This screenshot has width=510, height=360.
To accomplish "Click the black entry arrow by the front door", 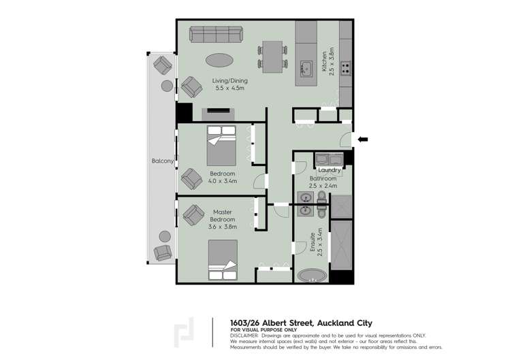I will click(363, 140).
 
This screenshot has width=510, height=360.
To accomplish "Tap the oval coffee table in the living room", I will click(219, 60).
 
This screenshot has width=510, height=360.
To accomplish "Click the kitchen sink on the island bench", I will click(306, 67).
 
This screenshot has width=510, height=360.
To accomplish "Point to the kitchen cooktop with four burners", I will click(345, 67).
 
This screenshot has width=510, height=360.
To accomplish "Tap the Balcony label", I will click(163, 161).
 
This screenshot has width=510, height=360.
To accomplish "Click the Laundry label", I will click(329, 170).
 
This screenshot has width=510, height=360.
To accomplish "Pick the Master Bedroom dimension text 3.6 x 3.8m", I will click(223, 227).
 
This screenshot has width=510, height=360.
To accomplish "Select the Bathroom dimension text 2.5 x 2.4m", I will click(323, 185).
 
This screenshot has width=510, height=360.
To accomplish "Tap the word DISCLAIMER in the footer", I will click(244, 336).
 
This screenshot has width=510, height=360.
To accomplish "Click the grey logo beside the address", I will click(184, 332).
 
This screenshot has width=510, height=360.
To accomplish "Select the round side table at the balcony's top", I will click(167, 86).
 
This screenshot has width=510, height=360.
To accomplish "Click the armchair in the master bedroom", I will click(193, 215).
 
